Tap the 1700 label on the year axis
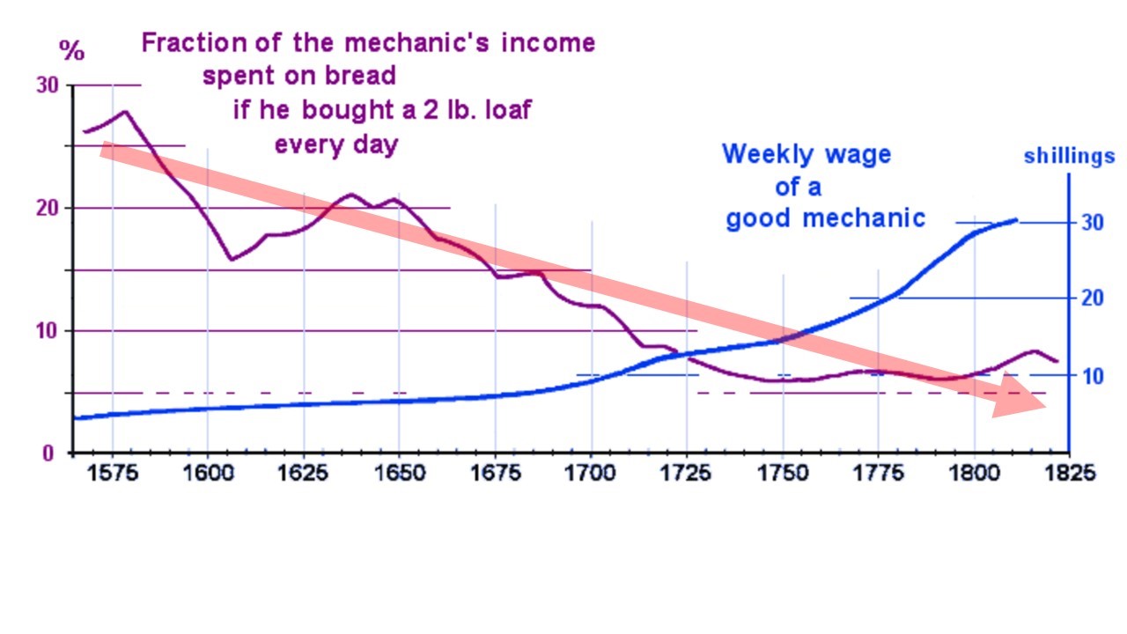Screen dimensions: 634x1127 (x=591, y=473)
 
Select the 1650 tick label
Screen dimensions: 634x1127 (x=399, y=473)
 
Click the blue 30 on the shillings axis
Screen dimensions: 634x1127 (x=1092, y=222)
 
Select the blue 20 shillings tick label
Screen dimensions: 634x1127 (x=1092, y=298)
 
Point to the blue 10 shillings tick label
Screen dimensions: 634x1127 (x=1092, y=376)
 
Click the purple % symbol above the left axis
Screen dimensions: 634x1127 (x=71, y=50)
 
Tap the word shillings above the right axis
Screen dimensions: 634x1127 (x=1069, y=157)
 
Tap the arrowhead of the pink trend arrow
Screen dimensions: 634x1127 (x=1021, y=401)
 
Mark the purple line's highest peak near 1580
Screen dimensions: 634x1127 (x=124, y=112)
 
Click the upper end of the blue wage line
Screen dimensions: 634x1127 (x=1016, y=219)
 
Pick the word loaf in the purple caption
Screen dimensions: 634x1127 (x=505, y=111)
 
